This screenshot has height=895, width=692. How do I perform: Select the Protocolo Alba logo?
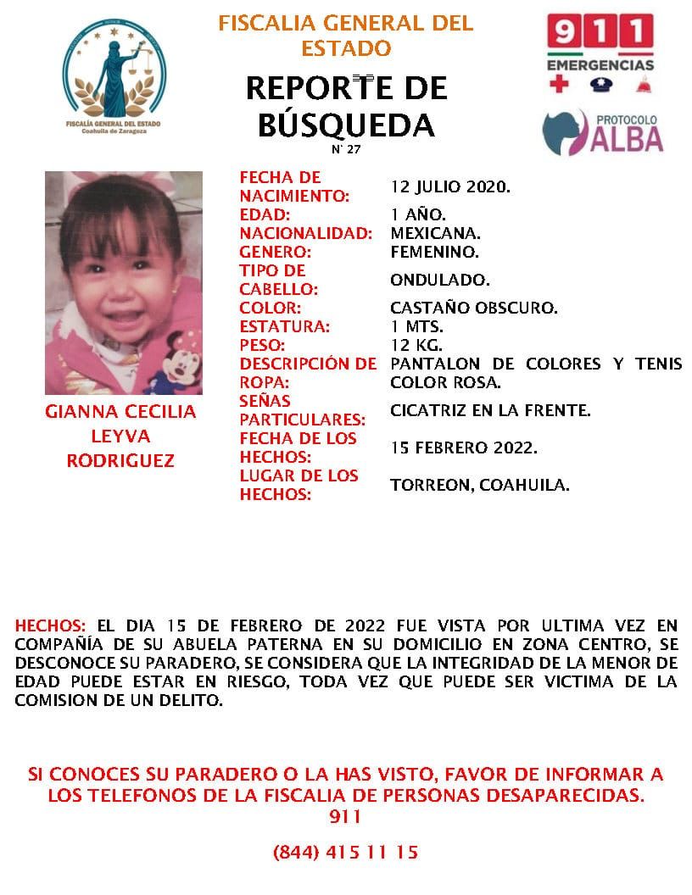[x=602, y=131]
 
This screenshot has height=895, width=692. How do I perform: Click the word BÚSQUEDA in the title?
[x=345, y=125]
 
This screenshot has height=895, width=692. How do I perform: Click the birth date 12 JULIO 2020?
[x=450, y=186]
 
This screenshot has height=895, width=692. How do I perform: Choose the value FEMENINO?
[x=435, y=252]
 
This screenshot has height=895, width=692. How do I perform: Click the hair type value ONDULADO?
[x=439, y=280]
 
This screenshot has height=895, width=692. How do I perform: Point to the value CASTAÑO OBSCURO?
[x=474, y=308]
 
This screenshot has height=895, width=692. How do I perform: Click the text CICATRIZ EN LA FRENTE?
[x=490, y=411]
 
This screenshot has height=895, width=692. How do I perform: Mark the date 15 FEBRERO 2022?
[x=464, y=447]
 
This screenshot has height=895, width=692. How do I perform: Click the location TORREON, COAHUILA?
[x=479, y=485]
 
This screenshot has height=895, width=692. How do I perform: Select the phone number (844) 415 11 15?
[x=345, y=852]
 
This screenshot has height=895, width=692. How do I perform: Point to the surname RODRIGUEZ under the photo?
[x=120, y=461]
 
